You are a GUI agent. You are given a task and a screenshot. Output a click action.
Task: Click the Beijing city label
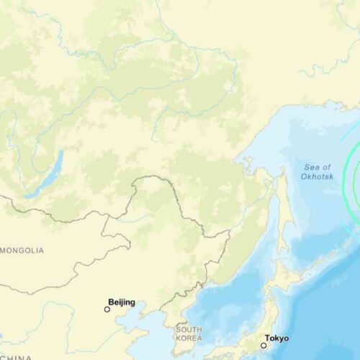coord(121,302)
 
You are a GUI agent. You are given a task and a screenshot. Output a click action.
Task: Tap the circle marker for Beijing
coord(107,310)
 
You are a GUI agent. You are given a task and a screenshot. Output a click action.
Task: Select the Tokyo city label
coord(277,338)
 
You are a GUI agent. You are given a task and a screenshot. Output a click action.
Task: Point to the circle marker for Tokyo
coord(264,345)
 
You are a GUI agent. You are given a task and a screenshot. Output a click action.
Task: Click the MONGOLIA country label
coord(22,251)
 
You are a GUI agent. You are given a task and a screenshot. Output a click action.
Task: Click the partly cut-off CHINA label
coord(14,356)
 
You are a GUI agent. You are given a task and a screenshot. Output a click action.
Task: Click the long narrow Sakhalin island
coord(282,209)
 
